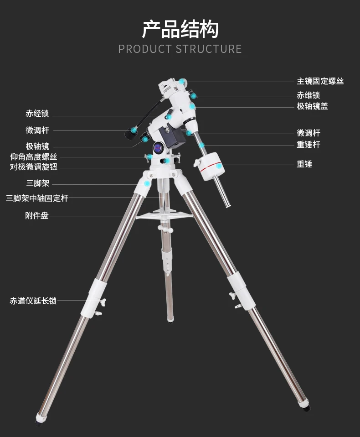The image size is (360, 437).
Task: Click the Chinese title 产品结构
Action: coord(180,29)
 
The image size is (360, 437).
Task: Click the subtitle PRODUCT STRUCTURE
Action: coord(180,49)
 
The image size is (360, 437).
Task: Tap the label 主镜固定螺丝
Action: coord(320,81)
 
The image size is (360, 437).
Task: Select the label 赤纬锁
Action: coord(308,95)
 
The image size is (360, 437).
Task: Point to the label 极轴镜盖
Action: coord(312,106)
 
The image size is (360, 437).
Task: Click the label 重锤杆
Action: coord(308,145)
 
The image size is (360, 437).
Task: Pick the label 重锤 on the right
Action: coord(304,164)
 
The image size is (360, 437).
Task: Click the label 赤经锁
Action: coord(37,114)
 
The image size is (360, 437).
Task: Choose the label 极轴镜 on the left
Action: coord(37,146)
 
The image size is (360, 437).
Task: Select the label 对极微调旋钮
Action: coord(34,167)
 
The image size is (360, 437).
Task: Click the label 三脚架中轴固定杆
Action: coord(37,198)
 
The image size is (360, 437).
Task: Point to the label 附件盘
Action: coord(37,216)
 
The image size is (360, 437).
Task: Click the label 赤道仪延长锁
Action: coord(33,301)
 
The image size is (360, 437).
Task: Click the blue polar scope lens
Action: coord(159,147)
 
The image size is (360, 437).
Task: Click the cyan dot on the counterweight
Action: coord(219,167)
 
